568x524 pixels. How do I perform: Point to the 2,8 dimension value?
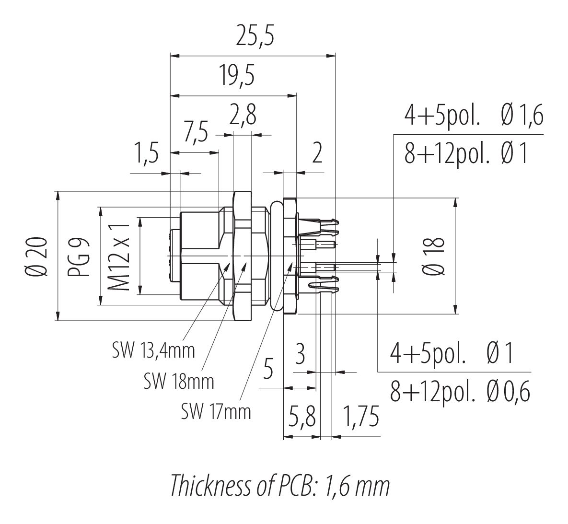pyautogui.click(x=243, y=116)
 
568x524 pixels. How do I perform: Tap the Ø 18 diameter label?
pyautogui.click(x=435, y=256)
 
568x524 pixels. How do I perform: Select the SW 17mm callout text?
pyautogui.click(x=216, y=411)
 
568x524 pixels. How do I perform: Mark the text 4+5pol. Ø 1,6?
pyautogui.click(x=474, y=116)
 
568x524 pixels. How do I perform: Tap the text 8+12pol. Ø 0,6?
pyautogui.click(x=460, y=393)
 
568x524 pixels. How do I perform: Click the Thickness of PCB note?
pyautogui.click(x=280, y=486)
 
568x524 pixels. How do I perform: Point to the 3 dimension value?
pyautogui.click(x=301, y=355)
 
